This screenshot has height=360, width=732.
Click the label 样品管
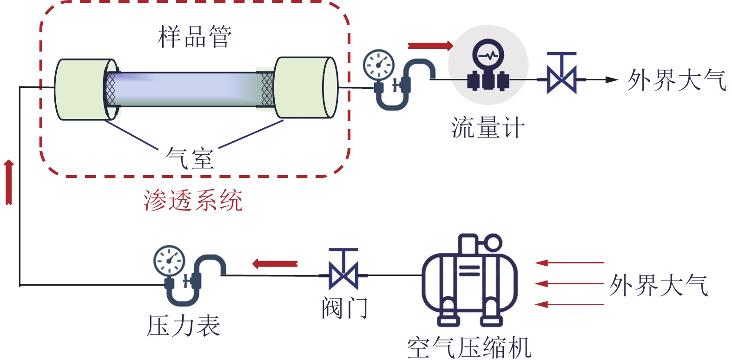pos(195,37)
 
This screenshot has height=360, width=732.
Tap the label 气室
pos(190,158)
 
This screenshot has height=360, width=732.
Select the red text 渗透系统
pos(193,201)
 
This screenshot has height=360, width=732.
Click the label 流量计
pos(488,128)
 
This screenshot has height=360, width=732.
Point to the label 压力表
pos(184,326)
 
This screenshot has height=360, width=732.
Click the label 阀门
pos(344,308)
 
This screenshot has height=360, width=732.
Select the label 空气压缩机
pos(469,347)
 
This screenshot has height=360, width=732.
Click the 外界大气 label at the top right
pos(676,80)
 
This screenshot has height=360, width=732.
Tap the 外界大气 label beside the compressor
pos(659,285)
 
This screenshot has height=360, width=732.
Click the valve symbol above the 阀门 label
pos(343,269)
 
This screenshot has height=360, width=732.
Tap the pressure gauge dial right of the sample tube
pos(379,64)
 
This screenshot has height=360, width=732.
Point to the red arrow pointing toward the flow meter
pos(430,46)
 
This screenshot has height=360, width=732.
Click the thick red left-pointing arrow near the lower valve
pos(275,264)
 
